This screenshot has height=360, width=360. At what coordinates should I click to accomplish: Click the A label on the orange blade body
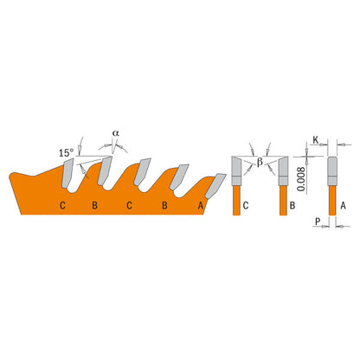click(200, 206)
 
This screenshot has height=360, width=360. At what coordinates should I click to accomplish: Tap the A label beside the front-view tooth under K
click(344, 206)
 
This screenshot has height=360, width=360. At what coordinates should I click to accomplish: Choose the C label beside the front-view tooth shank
click(248, 206)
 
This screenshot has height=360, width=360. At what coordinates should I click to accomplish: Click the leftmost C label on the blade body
click(62, 206)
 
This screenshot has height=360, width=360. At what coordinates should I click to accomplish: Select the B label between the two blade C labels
click(95, 206)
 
